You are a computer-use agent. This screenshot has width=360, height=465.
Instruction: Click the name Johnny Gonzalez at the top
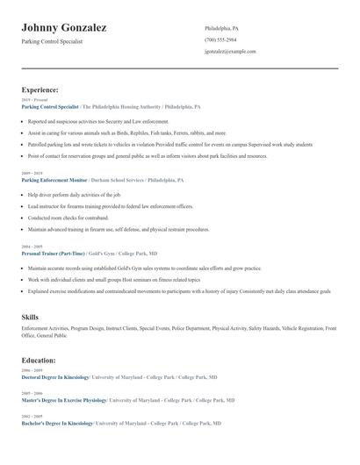pyautogui.click(x=64, y=28)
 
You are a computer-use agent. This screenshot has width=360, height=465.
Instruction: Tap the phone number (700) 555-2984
pyautogui.click(x=220, y=39)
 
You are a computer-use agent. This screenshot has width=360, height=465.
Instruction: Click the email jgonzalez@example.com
pyautogui.click(x=230, y=51)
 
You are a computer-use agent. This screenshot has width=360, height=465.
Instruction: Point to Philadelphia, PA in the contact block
pyautogui.click(x=221, y=28)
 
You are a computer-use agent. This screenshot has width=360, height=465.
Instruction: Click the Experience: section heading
pyautogui.click(x=40, y=89)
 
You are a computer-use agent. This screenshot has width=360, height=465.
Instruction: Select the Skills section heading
pyautogui.click(x=30, y=316)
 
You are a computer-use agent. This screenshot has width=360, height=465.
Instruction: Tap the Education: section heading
pyautogui.click(x=40, y=360)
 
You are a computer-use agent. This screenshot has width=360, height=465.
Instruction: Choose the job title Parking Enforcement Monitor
pyautogui.click(x=54, y=180)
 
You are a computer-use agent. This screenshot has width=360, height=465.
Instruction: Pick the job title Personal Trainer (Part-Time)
pyautogui.click(x=54, y=253)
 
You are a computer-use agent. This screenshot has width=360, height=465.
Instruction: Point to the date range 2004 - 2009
pyautogui.click(x=31, y=247)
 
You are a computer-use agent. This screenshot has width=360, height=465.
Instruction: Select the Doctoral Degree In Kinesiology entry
pyautogui.click(x=55, y=377)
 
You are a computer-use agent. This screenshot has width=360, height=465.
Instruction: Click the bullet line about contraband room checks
pyautogui.click(x=68, y=218)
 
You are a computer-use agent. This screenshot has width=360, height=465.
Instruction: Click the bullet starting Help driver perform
pyautogui.click(x=75, y=194)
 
